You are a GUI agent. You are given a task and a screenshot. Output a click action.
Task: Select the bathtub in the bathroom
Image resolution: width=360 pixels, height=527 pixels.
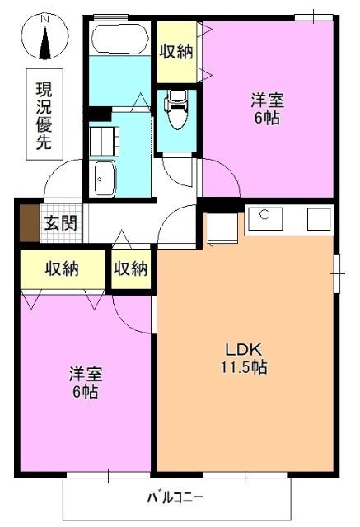(x=121, y=39)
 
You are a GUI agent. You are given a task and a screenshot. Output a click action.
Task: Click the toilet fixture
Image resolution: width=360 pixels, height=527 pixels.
(x=175, y=105)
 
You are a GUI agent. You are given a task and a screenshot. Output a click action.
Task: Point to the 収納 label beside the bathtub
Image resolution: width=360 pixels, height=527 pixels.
(x=176, y=51)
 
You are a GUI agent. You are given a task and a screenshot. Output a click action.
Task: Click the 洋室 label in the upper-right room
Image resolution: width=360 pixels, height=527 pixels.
(x=268, y=101)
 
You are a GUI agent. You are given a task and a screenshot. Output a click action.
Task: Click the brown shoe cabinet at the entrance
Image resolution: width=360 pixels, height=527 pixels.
(x=29, y=222)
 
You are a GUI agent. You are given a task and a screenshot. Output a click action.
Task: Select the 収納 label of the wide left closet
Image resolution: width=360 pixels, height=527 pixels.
(x=62, y=268)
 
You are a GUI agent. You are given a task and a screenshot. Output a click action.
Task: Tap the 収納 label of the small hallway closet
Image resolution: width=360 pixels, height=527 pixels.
(x=131, y=268)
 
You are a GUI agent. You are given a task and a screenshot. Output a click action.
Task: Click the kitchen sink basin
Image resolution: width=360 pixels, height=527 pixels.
(x=266, y=219)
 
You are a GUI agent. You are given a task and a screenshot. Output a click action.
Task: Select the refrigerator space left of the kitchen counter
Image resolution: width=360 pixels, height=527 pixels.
(x=222, y=228)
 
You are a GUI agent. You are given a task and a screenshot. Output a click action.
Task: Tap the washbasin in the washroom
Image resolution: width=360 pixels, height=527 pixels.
(x=105, y=178)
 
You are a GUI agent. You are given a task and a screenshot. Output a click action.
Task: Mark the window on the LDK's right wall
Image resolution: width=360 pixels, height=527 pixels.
(x=336, y=268)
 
